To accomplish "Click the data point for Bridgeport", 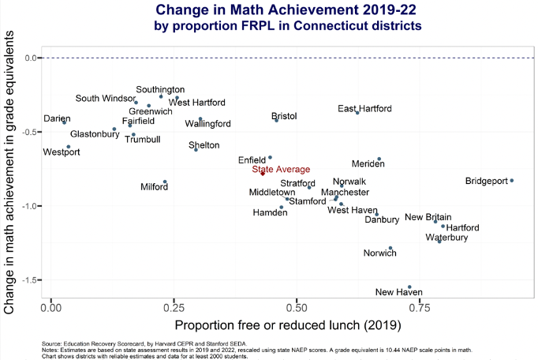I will pyautogui.click(x=511, y=181).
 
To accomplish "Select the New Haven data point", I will pyautogui.click(x=409, y=287).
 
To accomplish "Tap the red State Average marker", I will pyautogui.click(x=263, y=173).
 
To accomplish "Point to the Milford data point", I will pyautogui.click(x=165, y=182).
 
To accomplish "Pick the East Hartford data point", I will pyautogui.click(x=357, y=112).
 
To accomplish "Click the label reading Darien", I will pyautogui.click(x=57, y=118).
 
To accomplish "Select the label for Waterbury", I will pyautogui.click(x=446, y=237).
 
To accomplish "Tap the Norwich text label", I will pyautogui.click(x=379, y=253).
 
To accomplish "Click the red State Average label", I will pyautogui.click(x=281, y=169).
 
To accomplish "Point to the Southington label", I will pyautogui.click(x=160, y=90).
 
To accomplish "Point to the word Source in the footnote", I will pyautogui.click(x=53, y=344).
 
